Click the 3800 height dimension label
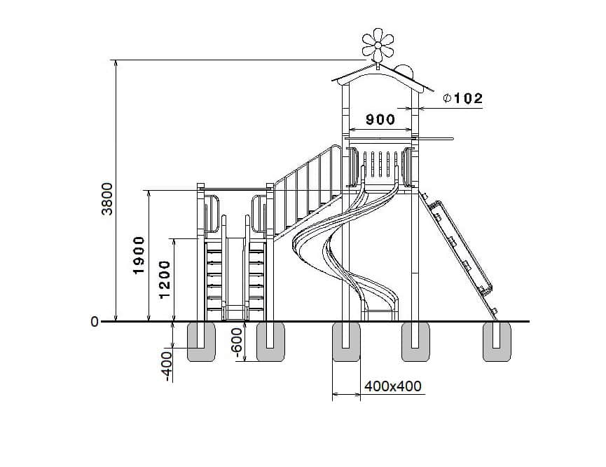pos(107,199)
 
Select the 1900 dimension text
pos(138,255)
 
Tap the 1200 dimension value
pos(165,279)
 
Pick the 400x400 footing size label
pos(392,386)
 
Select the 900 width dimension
pos(380,120)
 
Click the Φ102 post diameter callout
pos(463,98)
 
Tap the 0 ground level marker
pos(95,322)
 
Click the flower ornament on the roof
pos(378,45)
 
